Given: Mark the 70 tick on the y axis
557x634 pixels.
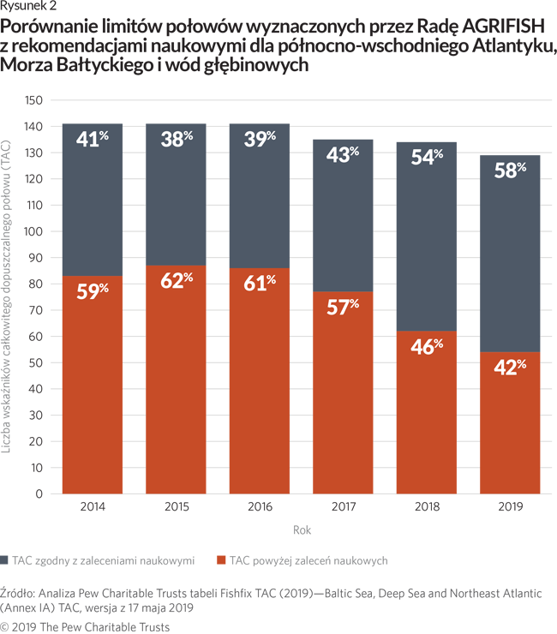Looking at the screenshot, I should [36, 310].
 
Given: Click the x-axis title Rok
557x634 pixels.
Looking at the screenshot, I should [302, 530].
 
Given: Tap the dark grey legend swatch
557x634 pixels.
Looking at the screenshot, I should [6, 560].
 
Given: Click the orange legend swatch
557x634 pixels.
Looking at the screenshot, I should [221, 560].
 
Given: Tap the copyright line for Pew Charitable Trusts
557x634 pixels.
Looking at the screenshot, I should [85, 626].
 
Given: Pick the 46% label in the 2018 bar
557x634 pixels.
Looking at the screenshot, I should [426, 346].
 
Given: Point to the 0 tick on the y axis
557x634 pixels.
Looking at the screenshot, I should [39, 494].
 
